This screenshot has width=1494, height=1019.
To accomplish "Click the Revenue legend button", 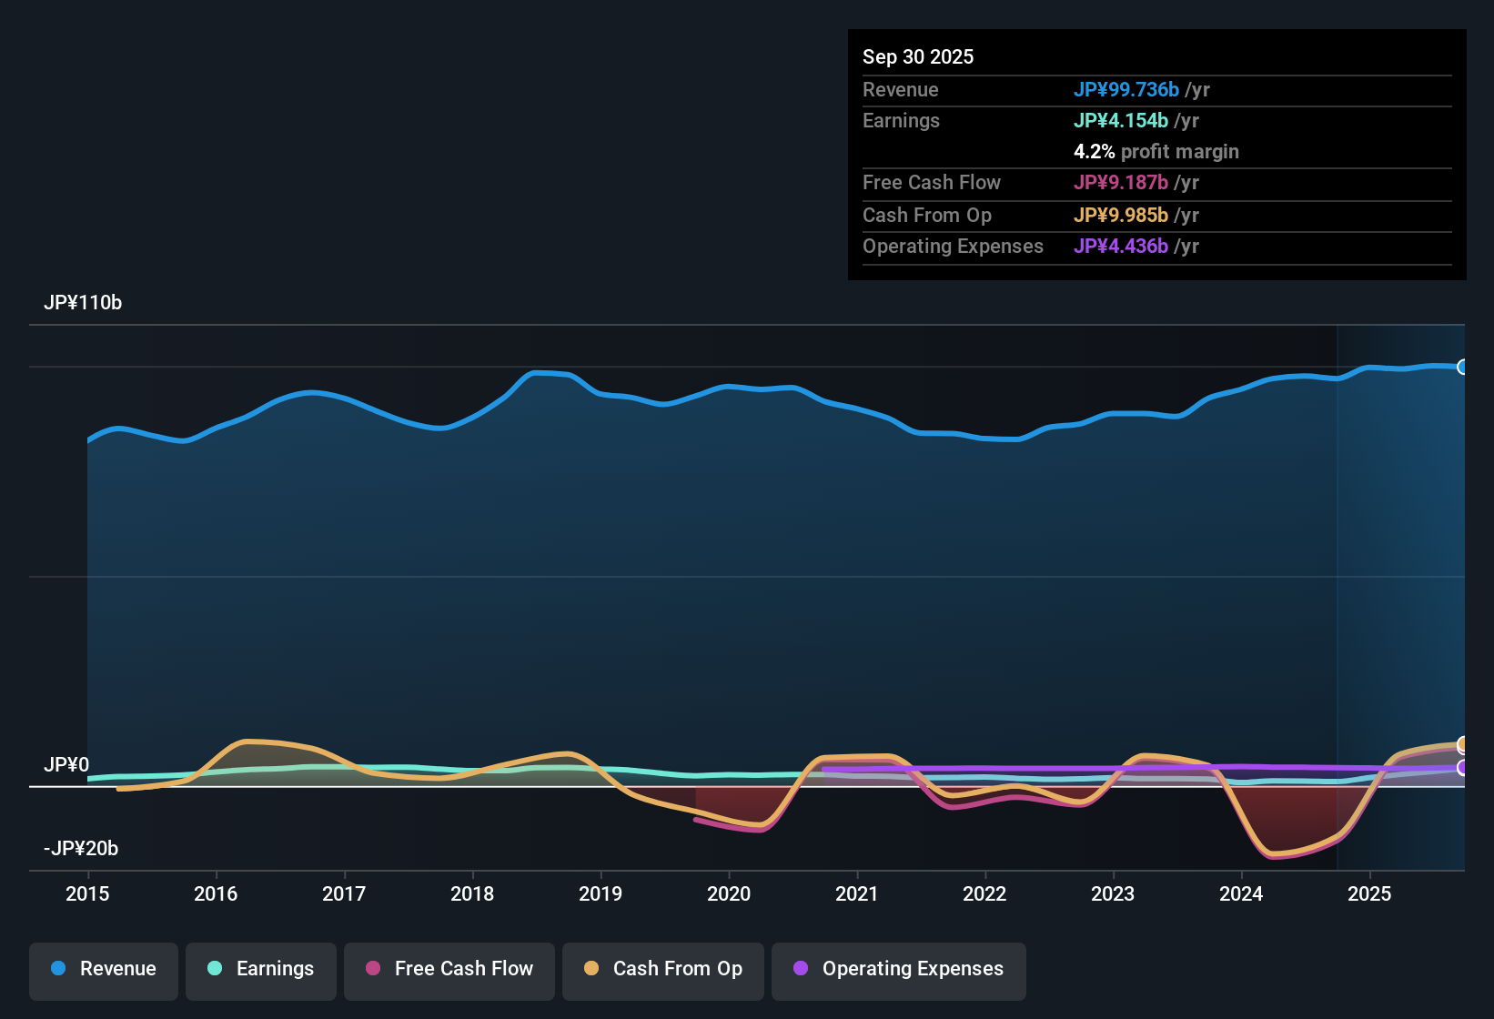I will tap(104, 969).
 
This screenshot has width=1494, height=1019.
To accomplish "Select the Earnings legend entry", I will tap(261, 969).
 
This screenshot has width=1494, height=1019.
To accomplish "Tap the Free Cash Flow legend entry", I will tap(449, 969).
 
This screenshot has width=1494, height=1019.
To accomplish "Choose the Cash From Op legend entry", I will tap(663, 969).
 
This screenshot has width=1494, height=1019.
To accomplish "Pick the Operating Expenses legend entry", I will tap(899, 969).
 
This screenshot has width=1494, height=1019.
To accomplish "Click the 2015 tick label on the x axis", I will tap(87, 894).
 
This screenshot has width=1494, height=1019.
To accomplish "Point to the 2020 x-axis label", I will tap(729, 894).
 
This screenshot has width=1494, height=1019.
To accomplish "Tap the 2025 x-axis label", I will tap(1369, 894).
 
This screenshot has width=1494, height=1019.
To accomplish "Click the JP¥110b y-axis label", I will tap(83, 303).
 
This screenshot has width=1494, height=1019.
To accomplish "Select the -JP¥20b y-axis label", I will tap(81, 849).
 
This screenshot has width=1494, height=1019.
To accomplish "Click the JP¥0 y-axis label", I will tap(66, 765).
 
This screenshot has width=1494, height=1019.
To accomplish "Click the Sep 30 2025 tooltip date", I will tap(918, 57).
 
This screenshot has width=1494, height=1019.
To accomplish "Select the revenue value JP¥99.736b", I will tap(1126, 90).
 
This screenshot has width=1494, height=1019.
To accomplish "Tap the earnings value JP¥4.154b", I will tap(1121, 121).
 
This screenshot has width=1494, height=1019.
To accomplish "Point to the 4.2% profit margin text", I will tap(1156, 152).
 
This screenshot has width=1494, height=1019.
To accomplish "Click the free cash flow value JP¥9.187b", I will tap(1121, 183).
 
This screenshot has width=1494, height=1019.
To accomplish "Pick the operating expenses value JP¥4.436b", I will tap(1121, 247).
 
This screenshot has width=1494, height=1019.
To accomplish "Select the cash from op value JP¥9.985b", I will tap(1121, 216).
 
